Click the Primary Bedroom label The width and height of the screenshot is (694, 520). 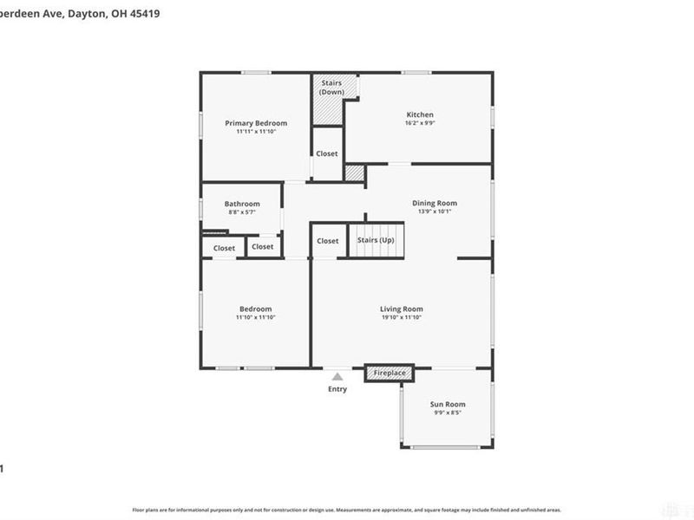[256, 123]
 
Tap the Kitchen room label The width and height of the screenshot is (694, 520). [420, 114]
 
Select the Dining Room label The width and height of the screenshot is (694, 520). [435, 203]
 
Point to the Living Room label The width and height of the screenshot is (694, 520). [401, 309]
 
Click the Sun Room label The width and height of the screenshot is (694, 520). [448, 404]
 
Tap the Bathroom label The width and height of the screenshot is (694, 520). [242, 204]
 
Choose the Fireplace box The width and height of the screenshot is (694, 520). [390, 373]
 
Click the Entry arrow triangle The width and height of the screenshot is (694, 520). [337, 375]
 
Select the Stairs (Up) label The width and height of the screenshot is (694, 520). [376, 240]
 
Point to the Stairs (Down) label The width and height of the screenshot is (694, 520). [331, 87]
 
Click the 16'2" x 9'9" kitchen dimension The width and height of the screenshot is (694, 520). [420, 123]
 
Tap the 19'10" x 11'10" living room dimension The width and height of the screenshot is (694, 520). [401, 317]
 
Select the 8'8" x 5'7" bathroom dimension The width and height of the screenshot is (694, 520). [242, 212]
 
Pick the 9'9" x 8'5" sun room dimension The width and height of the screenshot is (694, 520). [448, 413]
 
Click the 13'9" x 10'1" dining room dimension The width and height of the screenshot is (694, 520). [435, 211]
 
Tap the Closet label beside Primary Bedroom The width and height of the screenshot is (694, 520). [327, 153]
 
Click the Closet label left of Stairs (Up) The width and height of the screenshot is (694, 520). [328, 241]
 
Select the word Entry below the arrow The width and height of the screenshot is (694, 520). [337, 389]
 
